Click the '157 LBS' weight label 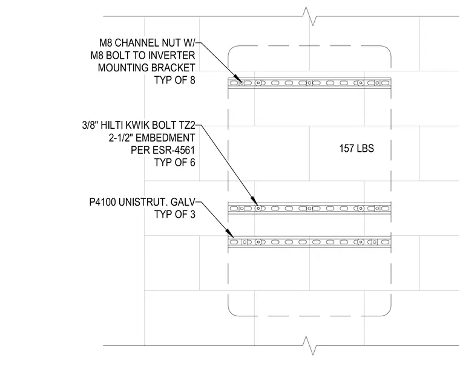[x=356, y=148]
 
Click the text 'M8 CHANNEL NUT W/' [x=147, y=43]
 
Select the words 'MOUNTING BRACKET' [x=146, y=68]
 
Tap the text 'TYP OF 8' [x=174, y=80]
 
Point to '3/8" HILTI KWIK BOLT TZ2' [x=139, y=125]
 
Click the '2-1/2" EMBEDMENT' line [x=152, y=138]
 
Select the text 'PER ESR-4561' [x=163, y=150]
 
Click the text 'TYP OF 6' [x=174, y=162]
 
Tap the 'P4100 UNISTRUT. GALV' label [x=142, y=202]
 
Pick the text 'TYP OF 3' [x=174, y=214]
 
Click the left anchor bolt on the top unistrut [x=258, y=83]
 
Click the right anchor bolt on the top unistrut [x=361, y=83]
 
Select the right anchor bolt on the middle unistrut [x=361, y=209]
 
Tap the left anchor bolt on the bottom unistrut [x=258, y=242]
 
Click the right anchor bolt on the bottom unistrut [x=361, y=242]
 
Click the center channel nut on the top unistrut [x=309, y=83]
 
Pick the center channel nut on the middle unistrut [x=309, y=209]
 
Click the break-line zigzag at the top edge [x=310, y=16]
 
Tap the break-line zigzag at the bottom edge [x=310, y=345]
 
